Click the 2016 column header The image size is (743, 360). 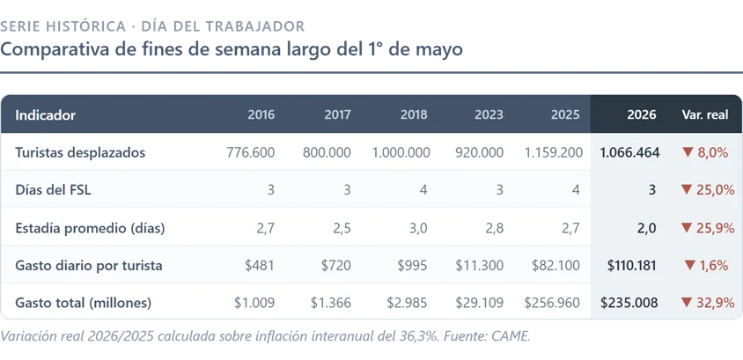click(261, 114)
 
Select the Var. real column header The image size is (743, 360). click(705, 114)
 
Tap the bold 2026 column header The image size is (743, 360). click(642, 114)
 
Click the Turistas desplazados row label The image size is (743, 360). click(80, 152)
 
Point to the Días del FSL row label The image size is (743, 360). click(53, 190)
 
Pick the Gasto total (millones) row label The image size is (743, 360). click(84, 303)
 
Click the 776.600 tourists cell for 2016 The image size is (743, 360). click(251, 152)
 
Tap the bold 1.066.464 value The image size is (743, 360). click(629, 152)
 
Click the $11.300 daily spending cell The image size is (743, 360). click(480, 266)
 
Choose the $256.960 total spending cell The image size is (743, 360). click(552, 303)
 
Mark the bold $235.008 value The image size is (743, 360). click(629, 303)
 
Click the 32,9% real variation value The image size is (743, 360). click(716, 303)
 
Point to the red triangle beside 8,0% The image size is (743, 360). click(688, 152)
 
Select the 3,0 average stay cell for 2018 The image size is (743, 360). click(418, 228)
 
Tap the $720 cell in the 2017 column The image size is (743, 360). click(336, 266)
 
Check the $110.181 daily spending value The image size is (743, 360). click(632, 266)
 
